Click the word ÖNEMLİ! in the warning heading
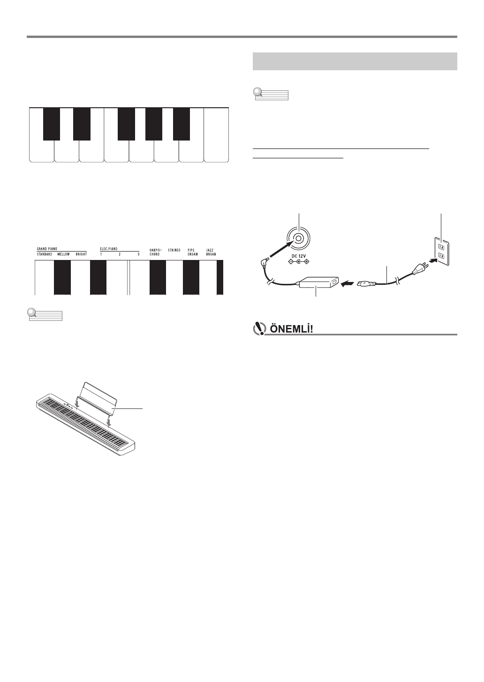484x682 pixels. coord(291,329)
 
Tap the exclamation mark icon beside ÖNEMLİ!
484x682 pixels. coord(259,329)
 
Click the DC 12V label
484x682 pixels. coord(298,256)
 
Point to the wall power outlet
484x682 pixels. coord(442,252)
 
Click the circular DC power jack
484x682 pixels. coord(299,238)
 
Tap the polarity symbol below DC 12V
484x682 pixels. coord(298,261)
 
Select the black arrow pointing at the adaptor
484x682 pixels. coord(348,284)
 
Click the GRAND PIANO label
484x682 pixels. coord(47,249)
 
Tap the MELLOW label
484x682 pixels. coord(64,254)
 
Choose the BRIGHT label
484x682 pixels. coord(82,254)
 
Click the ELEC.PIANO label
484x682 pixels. coord(109,249)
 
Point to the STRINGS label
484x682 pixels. coord(174,250)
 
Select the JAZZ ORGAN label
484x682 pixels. coord(211,252)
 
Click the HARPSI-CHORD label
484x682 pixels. coord(155,252)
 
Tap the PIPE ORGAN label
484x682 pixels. coord(193,252)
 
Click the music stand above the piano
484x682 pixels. coord(98,398)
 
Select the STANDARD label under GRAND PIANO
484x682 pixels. coord(45,254)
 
